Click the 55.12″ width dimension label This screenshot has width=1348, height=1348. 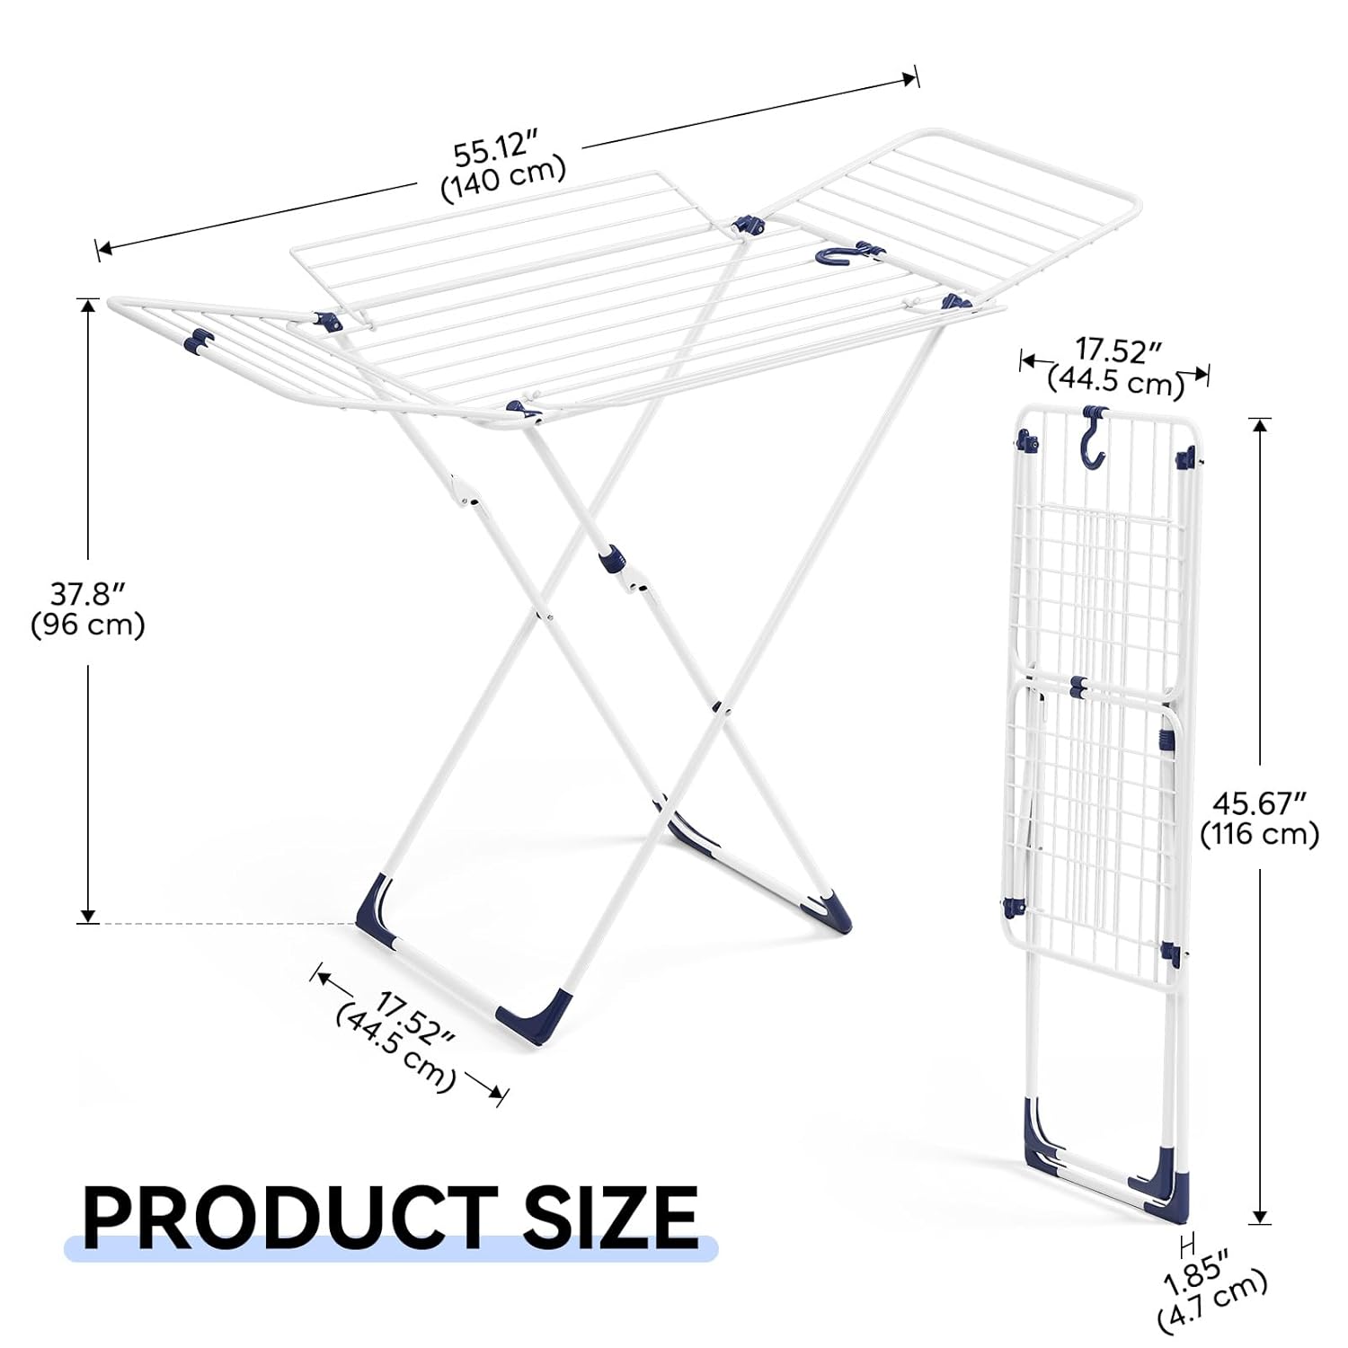494,148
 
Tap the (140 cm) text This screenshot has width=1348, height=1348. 503,178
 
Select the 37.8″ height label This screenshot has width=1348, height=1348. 87,593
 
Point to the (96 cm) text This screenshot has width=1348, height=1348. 88,625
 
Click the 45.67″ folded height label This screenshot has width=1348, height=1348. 1259,802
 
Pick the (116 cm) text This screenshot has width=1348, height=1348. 1260,834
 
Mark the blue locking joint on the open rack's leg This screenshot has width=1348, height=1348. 610,558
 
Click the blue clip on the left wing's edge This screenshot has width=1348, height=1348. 198,341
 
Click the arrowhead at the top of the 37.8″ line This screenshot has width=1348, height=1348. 87,306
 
